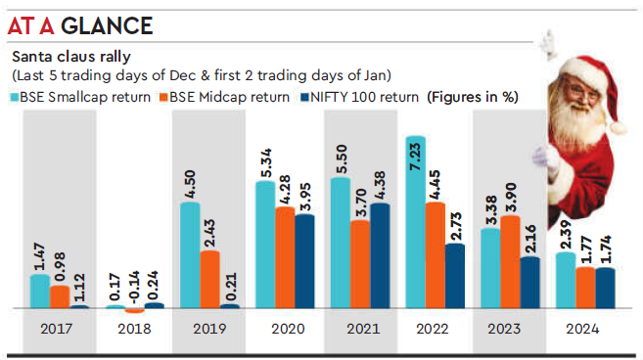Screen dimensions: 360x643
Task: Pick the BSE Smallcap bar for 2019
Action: tap(189, 255)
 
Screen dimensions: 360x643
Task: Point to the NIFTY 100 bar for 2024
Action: tap(606, 288)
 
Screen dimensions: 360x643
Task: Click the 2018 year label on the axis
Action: tap(135, 328)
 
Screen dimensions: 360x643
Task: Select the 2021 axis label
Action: tap(360, 328)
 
